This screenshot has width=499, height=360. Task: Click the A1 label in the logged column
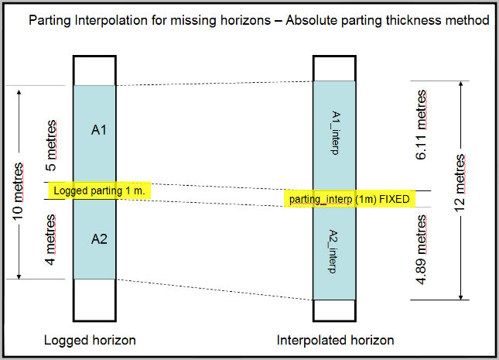coord(98,130)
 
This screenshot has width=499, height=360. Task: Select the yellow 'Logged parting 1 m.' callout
coord(100,190)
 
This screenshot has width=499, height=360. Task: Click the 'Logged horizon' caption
coord(91,341)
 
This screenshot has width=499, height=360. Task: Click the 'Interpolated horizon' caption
coord(336,341)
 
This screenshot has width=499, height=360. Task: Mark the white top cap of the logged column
coord(94,70)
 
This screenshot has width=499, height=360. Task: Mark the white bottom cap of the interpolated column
coord(334,310)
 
